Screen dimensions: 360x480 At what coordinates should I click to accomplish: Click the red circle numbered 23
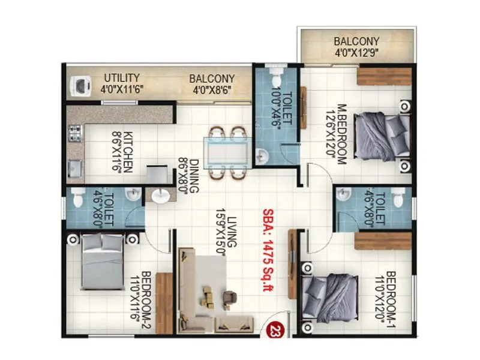275,329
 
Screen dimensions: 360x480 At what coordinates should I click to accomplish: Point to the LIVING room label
227,232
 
